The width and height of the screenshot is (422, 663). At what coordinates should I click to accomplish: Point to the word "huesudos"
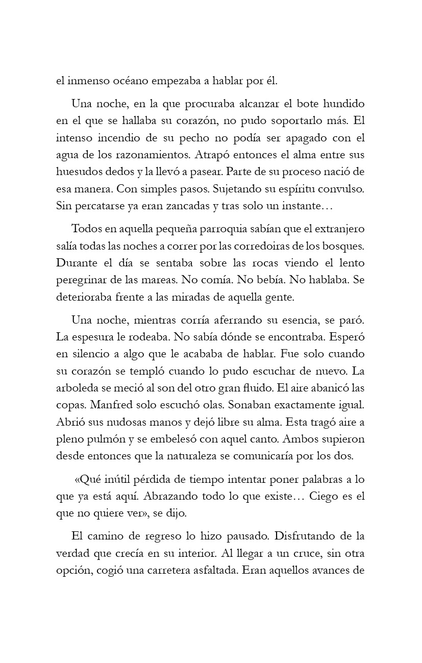click(77, 172)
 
